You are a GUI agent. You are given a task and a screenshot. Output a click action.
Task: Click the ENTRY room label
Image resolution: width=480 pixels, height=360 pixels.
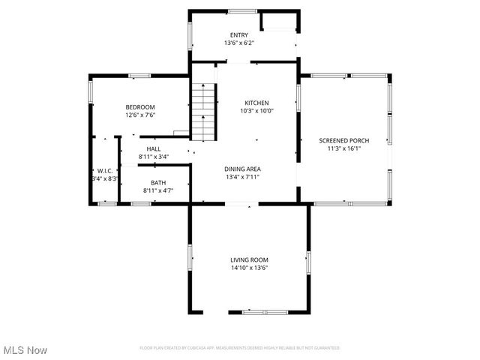pos(239,35)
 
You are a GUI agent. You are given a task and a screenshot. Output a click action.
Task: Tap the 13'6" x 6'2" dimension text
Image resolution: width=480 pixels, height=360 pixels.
pos(239,43)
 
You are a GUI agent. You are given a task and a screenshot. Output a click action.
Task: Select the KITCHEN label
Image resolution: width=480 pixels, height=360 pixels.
pos(256,103)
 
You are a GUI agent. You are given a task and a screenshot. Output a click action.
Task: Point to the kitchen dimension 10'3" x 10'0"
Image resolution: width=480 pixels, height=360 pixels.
pos(256,111)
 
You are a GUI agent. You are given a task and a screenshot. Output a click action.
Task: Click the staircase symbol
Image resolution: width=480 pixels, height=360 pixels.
pos(202,112)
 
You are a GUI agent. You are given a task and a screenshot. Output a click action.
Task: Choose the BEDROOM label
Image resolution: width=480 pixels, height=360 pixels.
pos(139,107)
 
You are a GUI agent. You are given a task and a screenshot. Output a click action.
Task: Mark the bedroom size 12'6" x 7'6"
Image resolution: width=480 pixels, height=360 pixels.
pos(139,115)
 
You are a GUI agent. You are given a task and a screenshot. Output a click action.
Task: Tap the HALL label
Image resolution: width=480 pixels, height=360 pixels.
pos(154,148)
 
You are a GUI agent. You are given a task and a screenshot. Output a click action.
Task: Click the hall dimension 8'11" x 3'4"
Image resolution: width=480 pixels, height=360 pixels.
pos(154,157)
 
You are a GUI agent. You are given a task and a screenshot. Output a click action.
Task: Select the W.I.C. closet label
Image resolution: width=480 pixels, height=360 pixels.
pos(105,170)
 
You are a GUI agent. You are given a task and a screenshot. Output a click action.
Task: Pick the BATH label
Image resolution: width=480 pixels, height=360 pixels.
pos(158,183)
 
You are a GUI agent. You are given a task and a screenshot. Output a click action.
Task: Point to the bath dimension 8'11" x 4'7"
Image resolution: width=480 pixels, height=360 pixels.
pos(158,191)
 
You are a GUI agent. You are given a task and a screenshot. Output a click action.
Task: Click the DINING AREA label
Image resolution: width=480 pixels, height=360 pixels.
pos(242,169)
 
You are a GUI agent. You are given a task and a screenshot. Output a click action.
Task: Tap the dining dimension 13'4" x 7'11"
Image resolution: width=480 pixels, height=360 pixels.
pos(242,178)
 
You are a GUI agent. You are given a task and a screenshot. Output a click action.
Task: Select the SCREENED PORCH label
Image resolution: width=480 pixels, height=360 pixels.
pos(344,140)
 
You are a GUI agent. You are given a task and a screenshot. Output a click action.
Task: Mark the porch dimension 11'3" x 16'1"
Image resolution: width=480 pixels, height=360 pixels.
pos(344,148)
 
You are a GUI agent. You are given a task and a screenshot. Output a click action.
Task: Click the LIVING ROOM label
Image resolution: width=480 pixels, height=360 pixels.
pos(249,259)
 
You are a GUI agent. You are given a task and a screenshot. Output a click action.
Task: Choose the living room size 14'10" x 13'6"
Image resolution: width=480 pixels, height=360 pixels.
pos(249,268)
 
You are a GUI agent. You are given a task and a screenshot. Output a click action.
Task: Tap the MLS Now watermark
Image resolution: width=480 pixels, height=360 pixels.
pos(25,350)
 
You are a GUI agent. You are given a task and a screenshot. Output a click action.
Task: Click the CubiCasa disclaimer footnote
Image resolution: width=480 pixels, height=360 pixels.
pos(239,348)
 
